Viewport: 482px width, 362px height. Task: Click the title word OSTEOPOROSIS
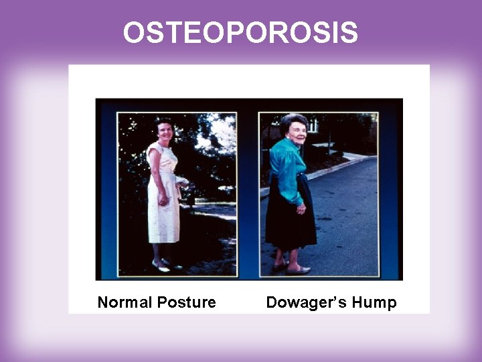240,33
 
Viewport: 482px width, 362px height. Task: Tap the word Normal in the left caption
125,302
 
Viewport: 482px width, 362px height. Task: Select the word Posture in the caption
186,302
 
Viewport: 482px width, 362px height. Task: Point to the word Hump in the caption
376,302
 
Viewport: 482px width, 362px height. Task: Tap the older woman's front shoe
299,270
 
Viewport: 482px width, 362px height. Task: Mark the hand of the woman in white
161,200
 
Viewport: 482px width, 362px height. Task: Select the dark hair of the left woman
163,121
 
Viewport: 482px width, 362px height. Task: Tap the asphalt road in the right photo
348,215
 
